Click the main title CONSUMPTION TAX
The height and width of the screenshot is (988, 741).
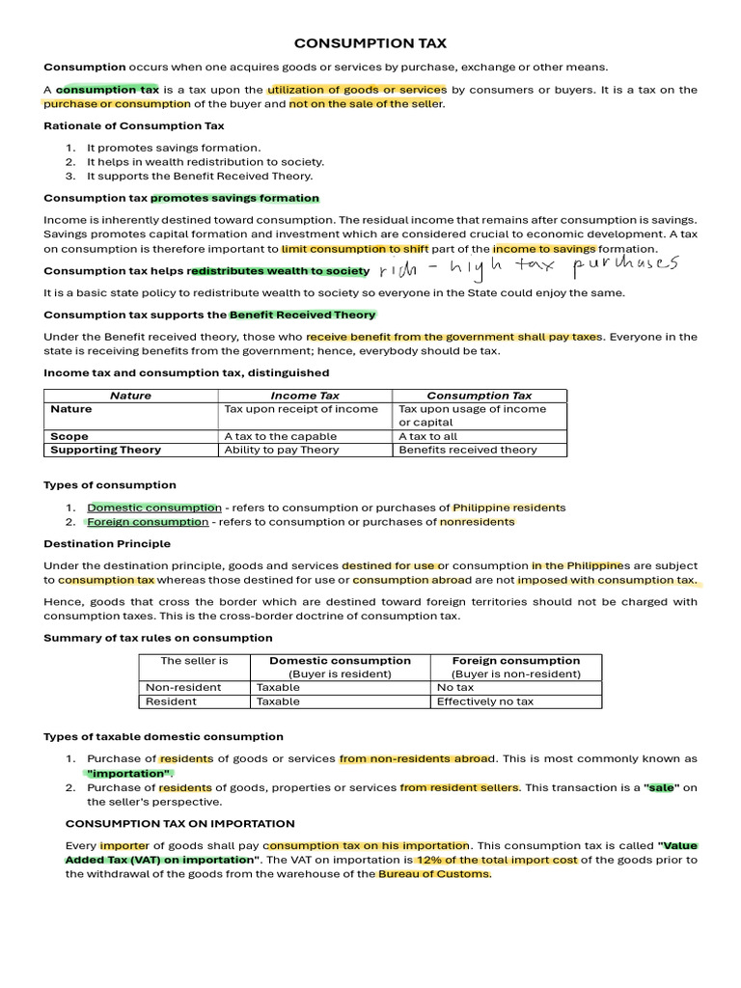370,43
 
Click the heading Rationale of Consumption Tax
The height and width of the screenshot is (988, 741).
134,125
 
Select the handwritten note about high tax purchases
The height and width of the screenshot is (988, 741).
529,266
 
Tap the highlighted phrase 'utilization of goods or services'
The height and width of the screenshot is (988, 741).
357,90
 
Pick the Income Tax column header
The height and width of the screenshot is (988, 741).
304,396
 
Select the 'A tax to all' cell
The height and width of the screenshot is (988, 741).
428,436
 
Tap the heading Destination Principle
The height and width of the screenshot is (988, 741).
107,543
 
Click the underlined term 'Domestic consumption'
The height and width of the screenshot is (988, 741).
154,508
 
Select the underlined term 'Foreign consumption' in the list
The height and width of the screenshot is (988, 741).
148,522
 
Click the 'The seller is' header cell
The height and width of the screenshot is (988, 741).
194,661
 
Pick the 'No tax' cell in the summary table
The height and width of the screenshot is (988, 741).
455,687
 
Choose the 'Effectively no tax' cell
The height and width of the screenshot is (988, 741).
484,701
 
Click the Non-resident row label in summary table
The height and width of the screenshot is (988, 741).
182,687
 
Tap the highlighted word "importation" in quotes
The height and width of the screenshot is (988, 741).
128,774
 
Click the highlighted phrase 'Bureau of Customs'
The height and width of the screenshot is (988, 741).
434,874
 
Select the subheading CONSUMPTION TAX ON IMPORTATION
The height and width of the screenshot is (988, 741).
179,823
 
